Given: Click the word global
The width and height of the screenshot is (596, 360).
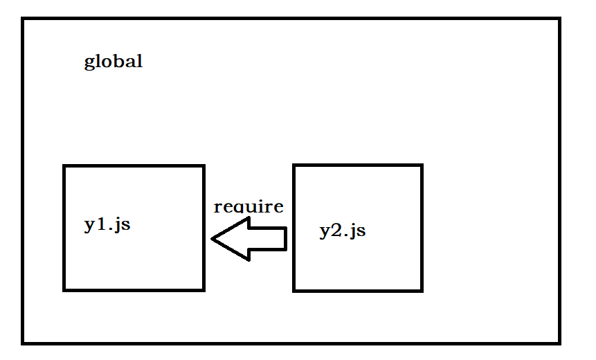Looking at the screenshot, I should (x=113, y=62).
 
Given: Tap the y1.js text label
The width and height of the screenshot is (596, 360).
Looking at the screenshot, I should (x=107, y=225).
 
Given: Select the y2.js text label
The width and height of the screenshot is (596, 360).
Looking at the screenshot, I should (x=342, y=231).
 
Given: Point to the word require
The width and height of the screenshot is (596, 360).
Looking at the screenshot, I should (x=249, y=206).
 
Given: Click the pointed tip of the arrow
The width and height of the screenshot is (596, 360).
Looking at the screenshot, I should (x=213, y=240).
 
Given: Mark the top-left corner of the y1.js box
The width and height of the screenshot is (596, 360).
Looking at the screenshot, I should (x=64, y=166).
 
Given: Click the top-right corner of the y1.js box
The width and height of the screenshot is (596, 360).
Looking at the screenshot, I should (x=204, y=166).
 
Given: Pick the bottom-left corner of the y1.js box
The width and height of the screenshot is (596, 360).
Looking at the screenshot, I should (x=64, y=289).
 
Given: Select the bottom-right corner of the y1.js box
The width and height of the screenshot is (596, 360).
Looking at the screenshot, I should (x=204, y=289).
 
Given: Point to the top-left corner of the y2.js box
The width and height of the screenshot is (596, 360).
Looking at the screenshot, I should (x=294, y=165).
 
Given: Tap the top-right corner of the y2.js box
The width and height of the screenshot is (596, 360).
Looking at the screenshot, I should (x=422, y=165).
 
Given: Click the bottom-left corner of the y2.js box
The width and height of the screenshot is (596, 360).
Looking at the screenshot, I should (x=294, y=290).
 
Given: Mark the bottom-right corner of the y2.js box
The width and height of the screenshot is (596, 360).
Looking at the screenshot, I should (x=422, y=290).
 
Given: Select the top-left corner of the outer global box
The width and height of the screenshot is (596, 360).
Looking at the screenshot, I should (x=23, y=19).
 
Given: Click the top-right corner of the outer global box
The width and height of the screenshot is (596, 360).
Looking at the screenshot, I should (x=559, y=19).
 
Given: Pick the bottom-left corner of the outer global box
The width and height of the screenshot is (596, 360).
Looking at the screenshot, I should (x=23, y=342).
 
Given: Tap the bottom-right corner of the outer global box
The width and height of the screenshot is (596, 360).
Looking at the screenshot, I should (x=559, y=342).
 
